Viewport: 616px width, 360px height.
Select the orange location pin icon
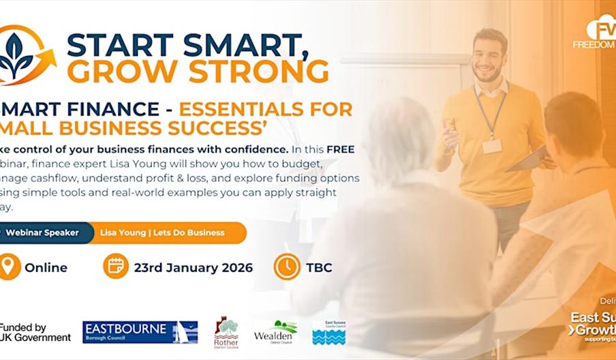9,267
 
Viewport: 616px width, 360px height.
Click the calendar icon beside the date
115,267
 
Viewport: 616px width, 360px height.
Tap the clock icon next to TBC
287,267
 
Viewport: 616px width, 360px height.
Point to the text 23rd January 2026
193,267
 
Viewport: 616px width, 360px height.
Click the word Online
46,267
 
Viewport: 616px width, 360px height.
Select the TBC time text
320,267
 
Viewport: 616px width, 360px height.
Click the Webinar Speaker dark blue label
41,232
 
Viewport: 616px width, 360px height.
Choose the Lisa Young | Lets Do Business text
162,232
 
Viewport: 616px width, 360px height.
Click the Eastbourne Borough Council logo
140,332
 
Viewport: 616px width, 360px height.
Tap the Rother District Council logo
226,332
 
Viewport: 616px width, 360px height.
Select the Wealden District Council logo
275,332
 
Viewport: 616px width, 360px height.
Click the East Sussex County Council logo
328,332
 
